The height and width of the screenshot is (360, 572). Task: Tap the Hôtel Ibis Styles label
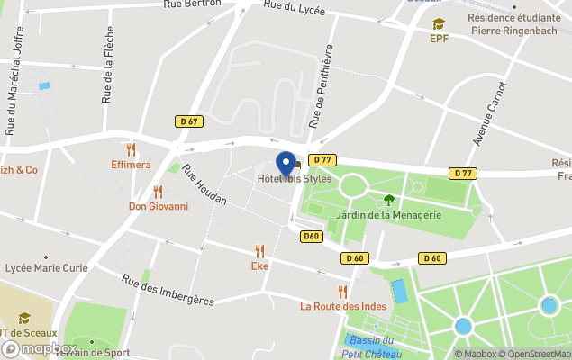[x=295, y=179]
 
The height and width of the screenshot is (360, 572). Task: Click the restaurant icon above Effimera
[x=132, y=149]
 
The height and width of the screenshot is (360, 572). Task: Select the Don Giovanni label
[x=159, y=206]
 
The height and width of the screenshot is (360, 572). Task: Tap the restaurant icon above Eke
[x=259, y=250]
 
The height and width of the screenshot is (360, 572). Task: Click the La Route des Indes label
[x=343, y=306]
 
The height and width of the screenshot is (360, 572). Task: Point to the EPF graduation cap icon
[x=439, y=23]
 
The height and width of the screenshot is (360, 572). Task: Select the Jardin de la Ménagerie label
[x=389, y=214]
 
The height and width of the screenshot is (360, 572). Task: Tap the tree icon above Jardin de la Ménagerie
[x=389, y=200]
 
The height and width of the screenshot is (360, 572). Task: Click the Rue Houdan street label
[x=204, y=185]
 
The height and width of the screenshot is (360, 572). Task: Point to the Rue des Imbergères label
[x=168, y=289]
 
